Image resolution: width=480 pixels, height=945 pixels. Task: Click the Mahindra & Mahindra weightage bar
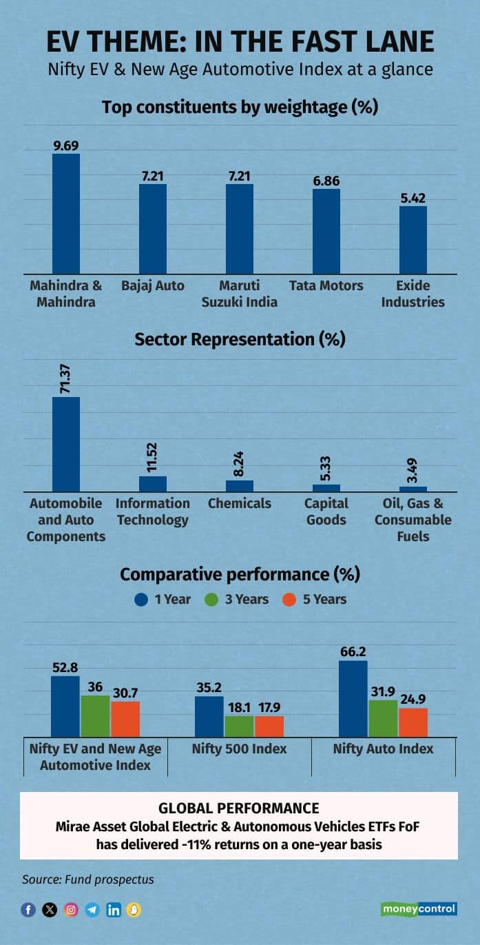pyautogui.click(x=66, y=213)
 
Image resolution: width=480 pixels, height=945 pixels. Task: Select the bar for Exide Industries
pyautogui.click(x=413, y=239)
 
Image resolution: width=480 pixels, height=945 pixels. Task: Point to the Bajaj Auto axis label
pyautogui.click(x=153, y=285)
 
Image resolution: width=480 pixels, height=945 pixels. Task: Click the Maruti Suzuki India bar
pyautogui.click(x=240, y=228)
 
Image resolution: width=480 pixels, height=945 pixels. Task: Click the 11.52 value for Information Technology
pyautogui.click(x=153, y=454)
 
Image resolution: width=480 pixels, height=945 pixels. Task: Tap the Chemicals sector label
pyautogui.click(x=240, y=504)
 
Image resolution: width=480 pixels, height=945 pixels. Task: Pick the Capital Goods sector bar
pyautogui.click(x=326, y=487)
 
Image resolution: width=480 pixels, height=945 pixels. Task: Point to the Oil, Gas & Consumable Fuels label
pyautogui.click(x=413, y=520)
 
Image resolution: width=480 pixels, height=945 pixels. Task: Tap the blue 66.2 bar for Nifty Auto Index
pyautogui.click(x=353, y=700)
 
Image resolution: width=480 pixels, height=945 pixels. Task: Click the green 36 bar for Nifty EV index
pyautogui.click(x=95, y=717)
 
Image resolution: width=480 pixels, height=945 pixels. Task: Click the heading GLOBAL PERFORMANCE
pyautogui.click(x=239, y=808)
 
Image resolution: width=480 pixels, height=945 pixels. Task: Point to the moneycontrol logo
pyautogui.click(x=419, y=909)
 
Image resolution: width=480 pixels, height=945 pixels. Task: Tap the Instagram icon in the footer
pyautogui.click(x=71, y=910)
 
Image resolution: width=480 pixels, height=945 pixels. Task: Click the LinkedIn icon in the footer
pyautogui.click(x=114, y=910)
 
